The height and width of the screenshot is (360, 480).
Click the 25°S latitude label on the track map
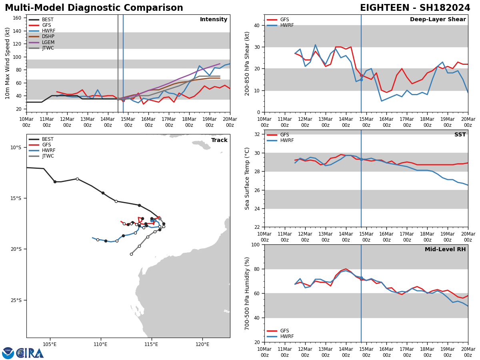tap(16, 300)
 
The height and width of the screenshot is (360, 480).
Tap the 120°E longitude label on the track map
tap(202, 344)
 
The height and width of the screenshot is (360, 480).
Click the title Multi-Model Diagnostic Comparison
tap(94, 8)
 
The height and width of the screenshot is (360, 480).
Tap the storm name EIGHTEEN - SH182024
tap(415, 8)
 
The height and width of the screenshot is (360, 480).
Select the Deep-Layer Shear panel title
tap(438, 20)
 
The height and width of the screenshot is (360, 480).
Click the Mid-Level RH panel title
tap(445, 250)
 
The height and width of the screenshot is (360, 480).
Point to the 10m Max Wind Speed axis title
tap(8, 63)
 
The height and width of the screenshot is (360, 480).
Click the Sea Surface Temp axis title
tap(247, 178)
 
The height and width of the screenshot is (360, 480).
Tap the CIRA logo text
tap(30, 353)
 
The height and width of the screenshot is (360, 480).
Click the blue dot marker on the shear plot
tap(361, 80)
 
